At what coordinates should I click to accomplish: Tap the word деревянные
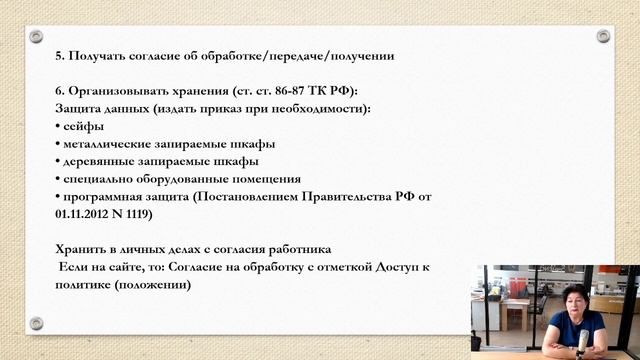click(x=100, y=161)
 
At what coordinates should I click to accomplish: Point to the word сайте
click(x=126, y=266)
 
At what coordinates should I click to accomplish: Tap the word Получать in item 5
click(x=98, y=56)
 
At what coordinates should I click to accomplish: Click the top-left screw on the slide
click(x=36, y=36)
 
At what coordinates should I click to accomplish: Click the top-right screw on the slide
click(x=603, y=36)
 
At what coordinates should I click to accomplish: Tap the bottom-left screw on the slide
click(x=36, y=323)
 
